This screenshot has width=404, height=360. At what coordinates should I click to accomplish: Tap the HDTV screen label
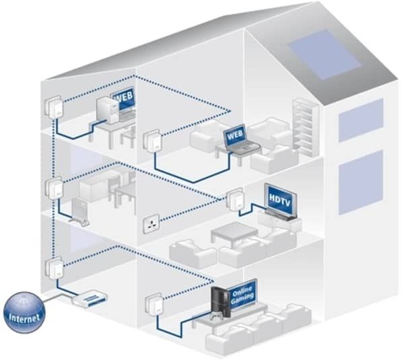[x=278, y=200]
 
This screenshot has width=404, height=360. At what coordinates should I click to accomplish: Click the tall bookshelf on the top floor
[x=304, y=124]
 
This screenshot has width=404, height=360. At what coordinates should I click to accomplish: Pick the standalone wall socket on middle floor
[x=150, y=225]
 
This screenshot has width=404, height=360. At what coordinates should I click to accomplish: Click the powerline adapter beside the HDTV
[x=235, y=200]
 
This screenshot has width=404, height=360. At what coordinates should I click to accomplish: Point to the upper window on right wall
[x=361, y=119]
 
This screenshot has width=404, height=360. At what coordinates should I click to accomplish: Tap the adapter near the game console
[x=153, y=307]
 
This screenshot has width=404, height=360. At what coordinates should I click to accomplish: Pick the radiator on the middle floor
[x=81, y=209]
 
